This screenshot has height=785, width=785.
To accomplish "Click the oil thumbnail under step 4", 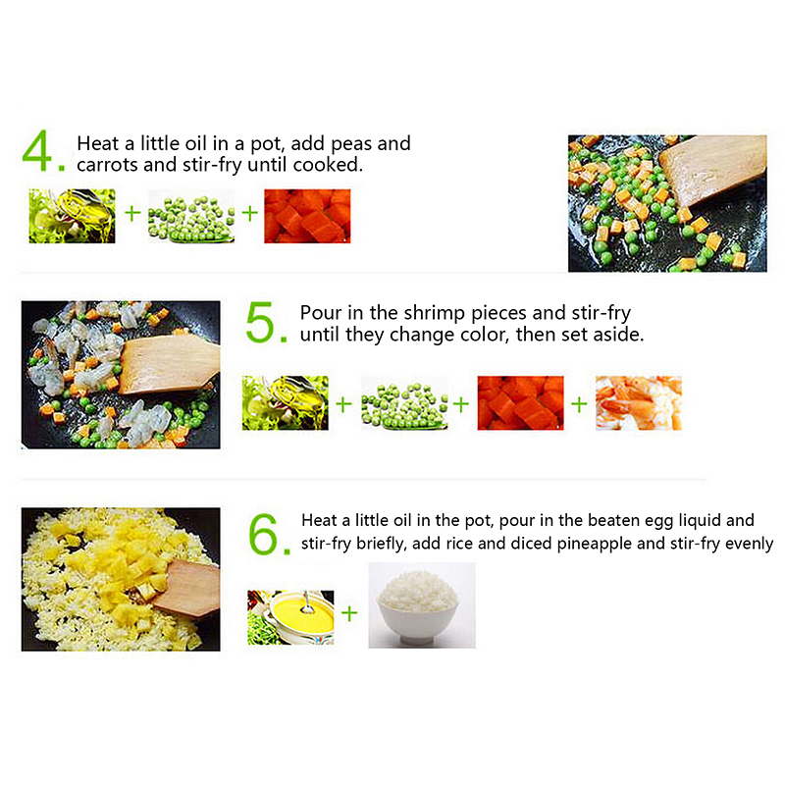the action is coord(72,216).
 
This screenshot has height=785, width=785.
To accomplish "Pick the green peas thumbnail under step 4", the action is coord(191,216).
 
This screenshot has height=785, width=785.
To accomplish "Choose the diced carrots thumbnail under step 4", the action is coord(307,216).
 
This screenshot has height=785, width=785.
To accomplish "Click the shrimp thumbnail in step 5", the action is coord(639,403).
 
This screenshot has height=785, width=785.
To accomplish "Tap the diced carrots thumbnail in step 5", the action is coord(521,403).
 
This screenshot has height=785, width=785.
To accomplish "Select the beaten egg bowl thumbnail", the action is coord(290,617).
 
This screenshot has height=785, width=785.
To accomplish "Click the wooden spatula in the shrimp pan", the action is coord(169,363).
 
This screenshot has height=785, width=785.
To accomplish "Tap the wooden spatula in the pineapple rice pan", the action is coord(186,587).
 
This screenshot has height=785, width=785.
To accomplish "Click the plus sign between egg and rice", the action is coord(349,612).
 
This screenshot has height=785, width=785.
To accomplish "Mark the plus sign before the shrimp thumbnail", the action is coord(579,404).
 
